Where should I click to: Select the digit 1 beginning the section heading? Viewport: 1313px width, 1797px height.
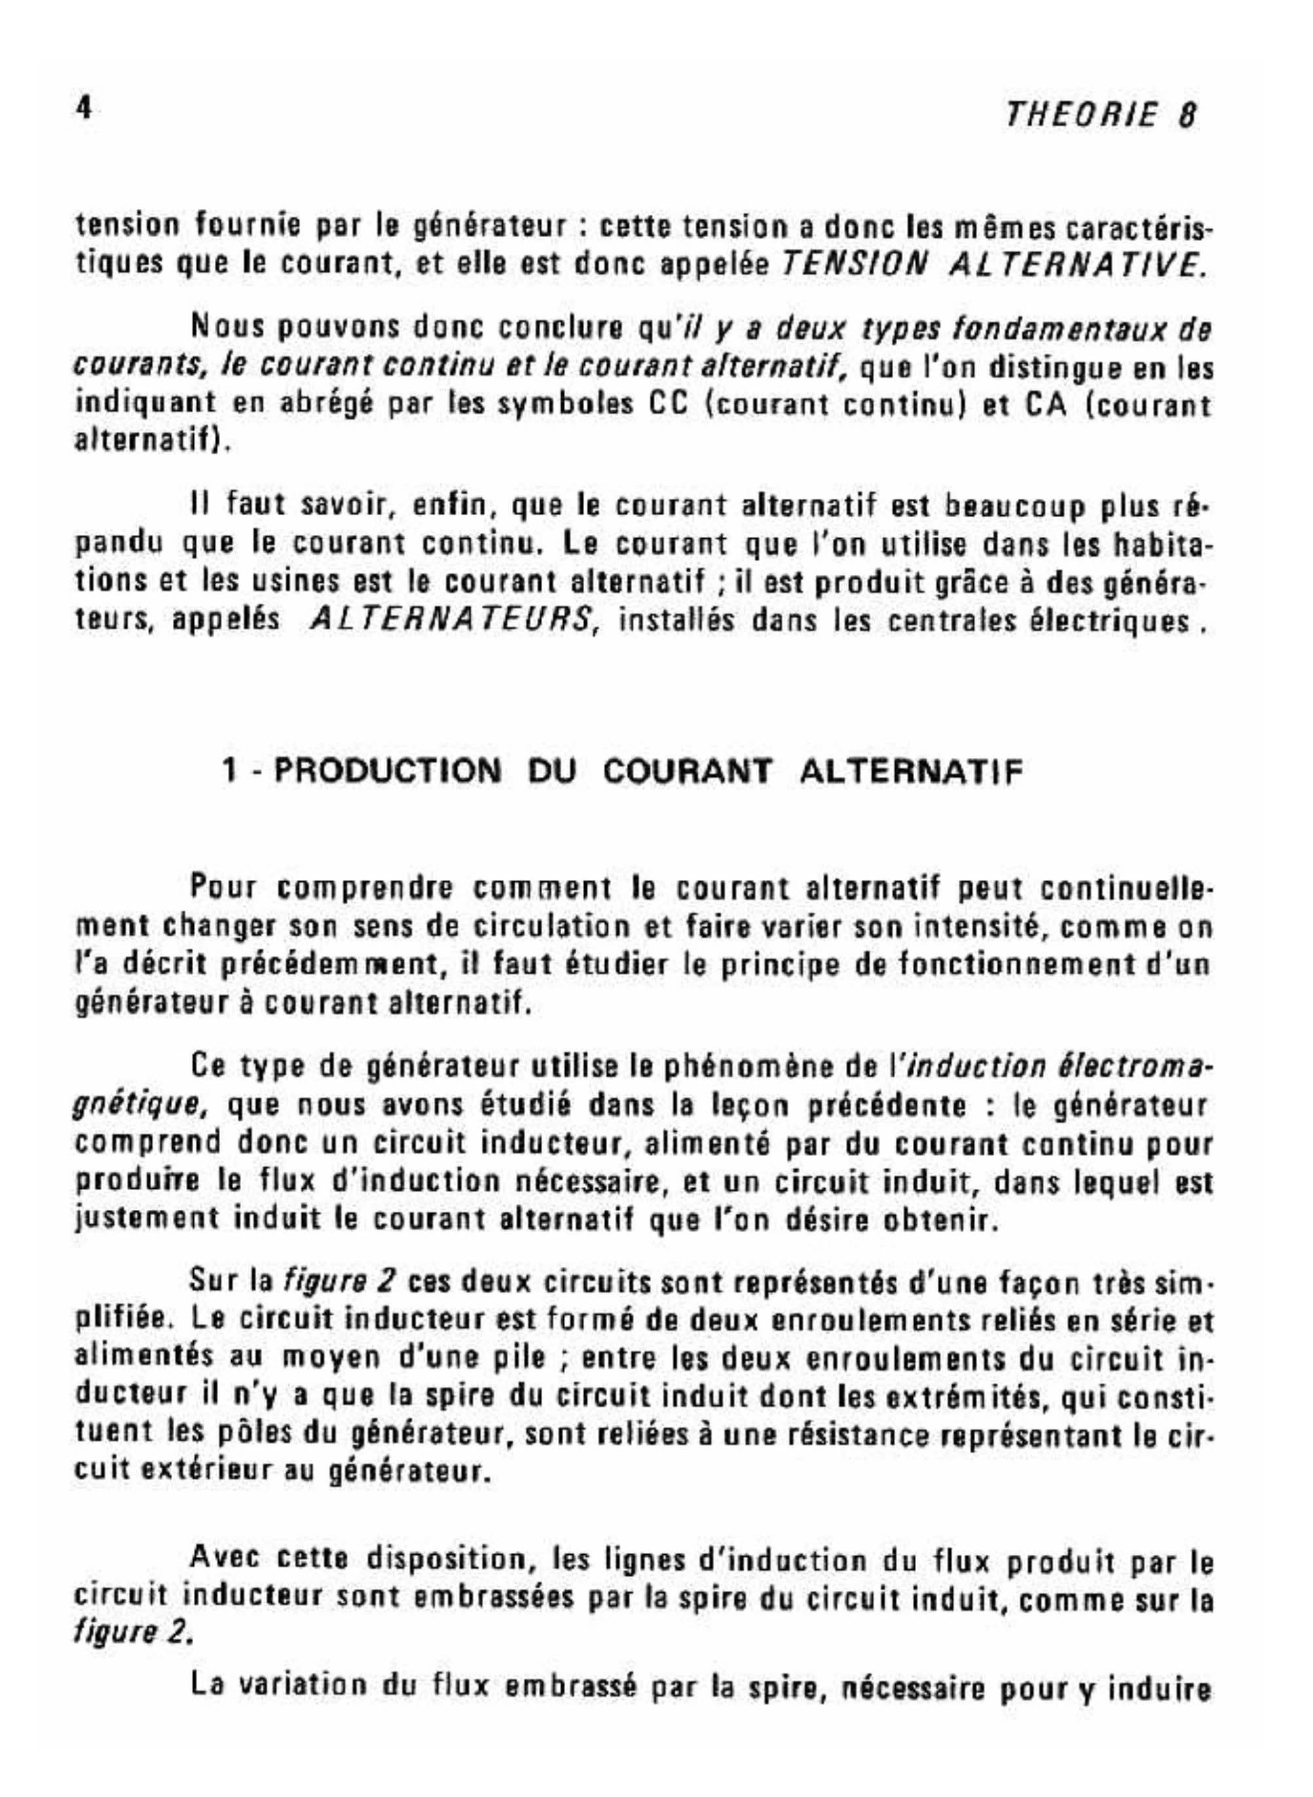tap(231, 771)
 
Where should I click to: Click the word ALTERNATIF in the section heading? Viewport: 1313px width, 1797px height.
tap(908, 771)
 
